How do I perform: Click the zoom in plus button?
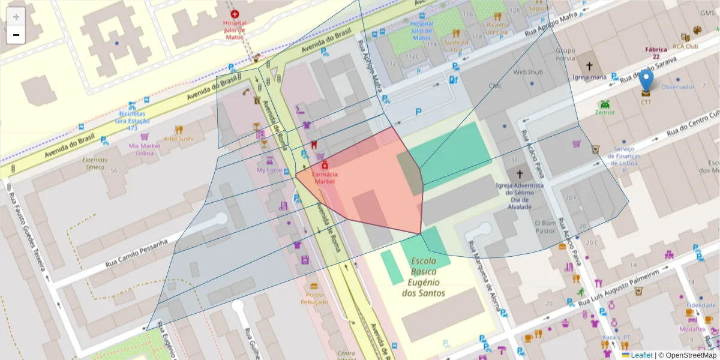click(x=16, y=16)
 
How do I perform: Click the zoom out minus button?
click(x=16, y=35)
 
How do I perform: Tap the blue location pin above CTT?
click(x=646, y=80)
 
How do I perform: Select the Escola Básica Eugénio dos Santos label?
click(x=424, y=277)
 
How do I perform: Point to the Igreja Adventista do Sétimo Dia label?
click(x=520, y=196)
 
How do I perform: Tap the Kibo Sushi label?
click(x=179, y=139)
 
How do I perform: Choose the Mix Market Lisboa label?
click(x=145, y=149)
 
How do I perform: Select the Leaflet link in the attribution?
click(x=641, y=355)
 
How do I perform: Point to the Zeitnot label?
click(x=605, y=112)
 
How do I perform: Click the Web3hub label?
click(x=528, y=72)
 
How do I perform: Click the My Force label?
click(x=269, y=170)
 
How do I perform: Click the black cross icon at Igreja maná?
click(x=589, y=66)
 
